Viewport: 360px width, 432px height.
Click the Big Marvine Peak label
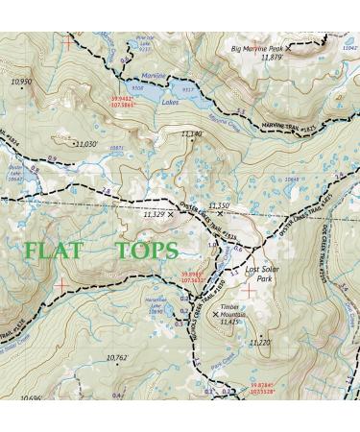pos(258,47)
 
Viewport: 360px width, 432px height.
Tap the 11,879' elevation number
pos(273,58)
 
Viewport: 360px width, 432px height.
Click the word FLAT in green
pos(54,251)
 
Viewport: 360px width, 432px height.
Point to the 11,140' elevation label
pos(190,133)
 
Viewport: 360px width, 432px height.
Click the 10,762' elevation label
pos(115,357)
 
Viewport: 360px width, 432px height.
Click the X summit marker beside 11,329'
pos(172,214)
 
